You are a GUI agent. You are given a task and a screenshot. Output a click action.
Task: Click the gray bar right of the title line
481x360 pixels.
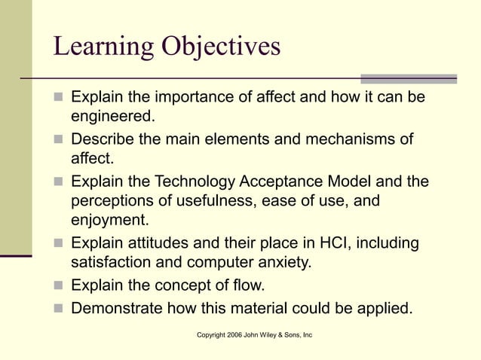[408, 78]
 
